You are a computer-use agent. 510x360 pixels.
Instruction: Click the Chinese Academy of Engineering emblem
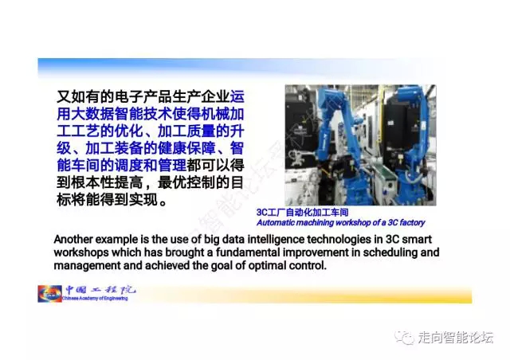(49, 294)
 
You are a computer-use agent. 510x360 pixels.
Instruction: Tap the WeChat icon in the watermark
(405, 337)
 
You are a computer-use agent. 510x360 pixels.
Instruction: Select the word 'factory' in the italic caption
(412, 223)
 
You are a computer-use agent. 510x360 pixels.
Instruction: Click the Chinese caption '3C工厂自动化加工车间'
(303, 213)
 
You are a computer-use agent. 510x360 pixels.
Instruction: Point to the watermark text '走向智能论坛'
(456, 338)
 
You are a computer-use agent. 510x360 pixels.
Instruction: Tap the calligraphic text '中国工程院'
(100, 290)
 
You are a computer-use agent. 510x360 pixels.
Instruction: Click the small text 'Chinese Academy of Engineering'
(95, 298)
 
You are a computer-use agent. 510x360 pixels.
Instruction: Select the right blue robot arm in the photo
(414, 143)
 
